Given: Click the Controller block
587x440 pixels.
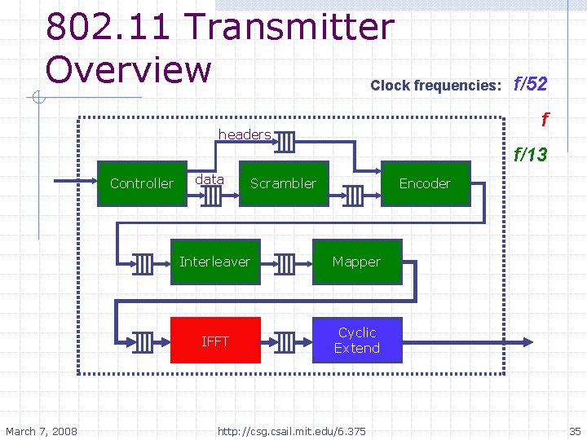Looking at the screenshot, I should pyautogui.click(x=142, y=183).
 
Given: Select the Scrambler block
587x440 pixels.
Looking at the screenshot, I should pyautogui.click(x=283, y=183).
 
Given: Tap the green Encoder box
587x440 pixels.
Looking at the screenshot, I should pyautogui.click(x=424, y=183).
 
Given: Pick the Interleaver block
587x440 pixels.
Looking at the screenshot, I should pyautogui.click(x=214, y=262).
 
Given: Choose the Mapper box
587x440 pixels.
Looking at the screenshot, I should pyautogui.click(x=356, y=262).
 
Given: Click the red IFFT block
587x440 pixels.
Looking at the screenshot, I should pyautogui.click(x=215, y=341).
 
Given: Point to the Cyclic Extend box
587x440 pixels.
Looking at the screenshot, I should pyautogui.click(x=357, y=341).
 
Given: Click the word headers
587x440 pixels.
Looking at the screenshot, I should pyautogui.click(x=244, y=134).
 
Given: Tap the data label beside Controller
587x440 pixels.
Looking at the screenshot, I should pyautogui.click(x=210, y=179).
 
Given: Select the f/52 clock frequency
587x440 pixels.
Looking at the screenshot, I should pyautogui.click(x=530, y=84).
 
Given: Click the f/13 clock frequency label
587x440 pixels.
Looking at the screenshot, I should pyautogui.click(x=530, y=155).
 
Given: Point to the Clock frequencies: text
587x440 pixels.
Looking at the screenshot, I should pyautogui.click(x=435, y=86).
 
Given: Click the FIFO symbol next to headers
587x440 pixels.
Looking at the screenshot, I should pyautogui.click(x=285, y=142).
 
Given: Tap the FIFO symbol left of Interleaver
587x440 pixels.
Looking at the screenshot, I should pyautogui.click(x=143, y=263).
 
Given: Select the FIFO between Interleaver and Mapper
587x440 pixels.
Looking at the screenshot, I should pyautogui.click(x=285, y=263).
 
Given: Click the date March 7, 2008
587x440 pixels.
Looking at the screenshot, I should pyautogui.click(x=42, y=430).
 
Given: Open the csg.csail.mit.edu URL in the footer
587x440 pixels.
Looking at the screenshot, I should pyautogui.click(x=292, y=430).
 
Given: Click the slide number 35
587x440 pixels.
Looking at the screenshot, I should pyautogui.click(x=575, y=430).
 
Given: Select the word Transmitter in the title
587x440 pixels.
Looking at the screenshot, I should pyautogui.click(x=290, y=28).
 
